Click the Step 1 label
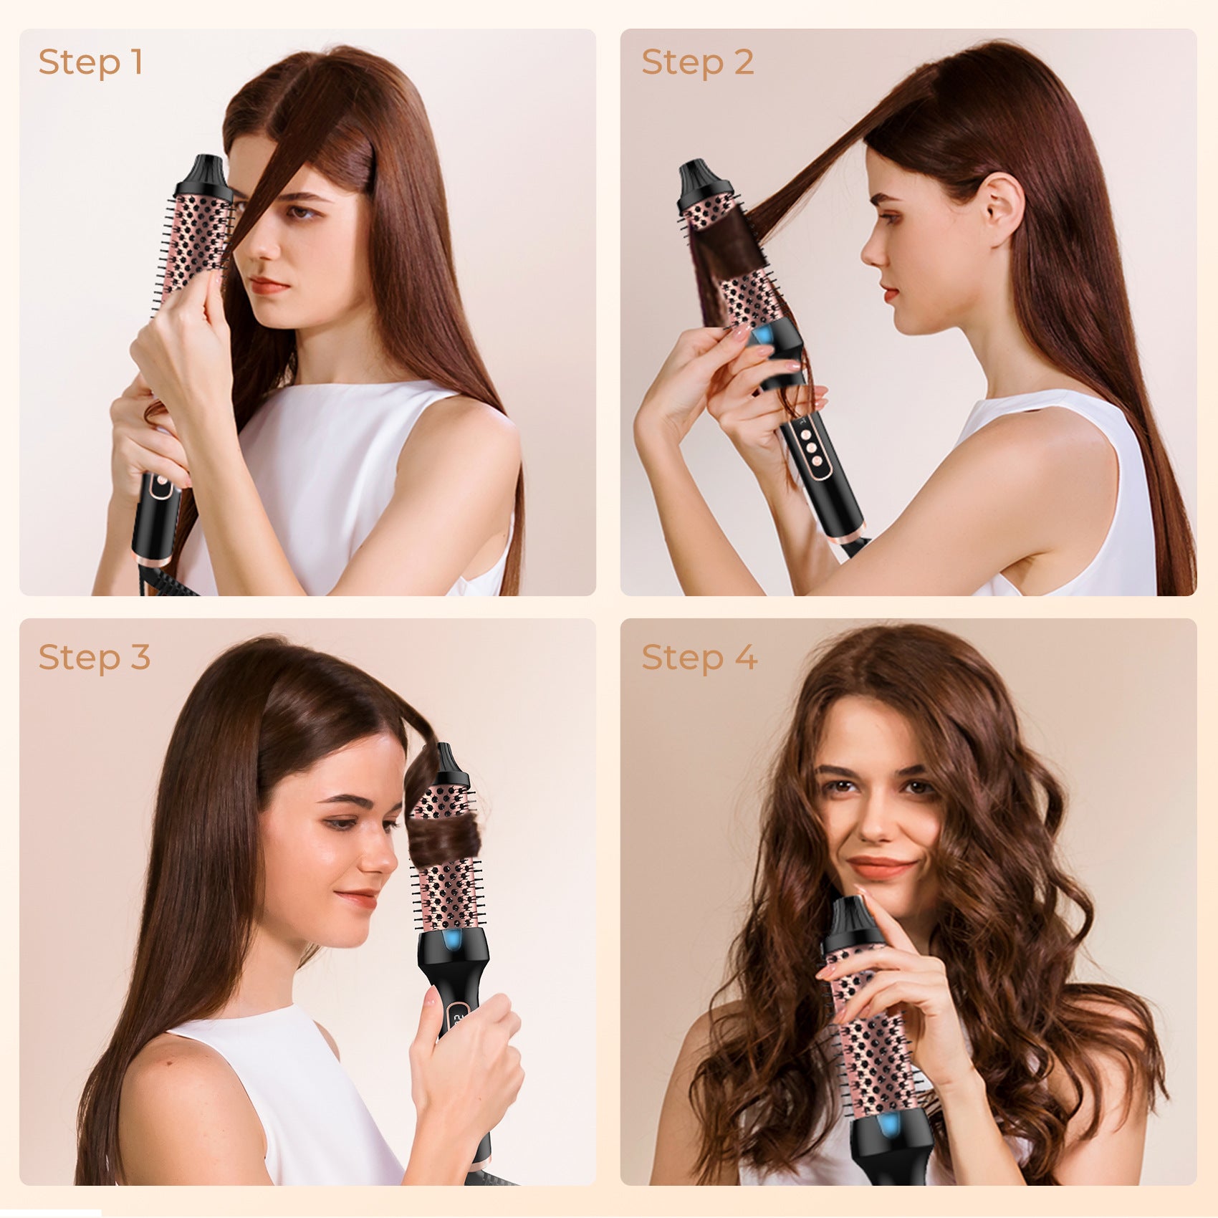[x=91, y=62]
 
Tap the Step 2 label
[x=697, y=62]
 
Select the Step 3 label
[x=95, y=657]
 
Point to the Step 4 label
[x=699, y=657]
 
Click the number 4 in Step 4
[x=746, y=657]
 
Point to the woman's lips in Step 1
[x=269, y=285]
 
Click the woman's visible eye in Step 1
[x=301, y=212]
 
